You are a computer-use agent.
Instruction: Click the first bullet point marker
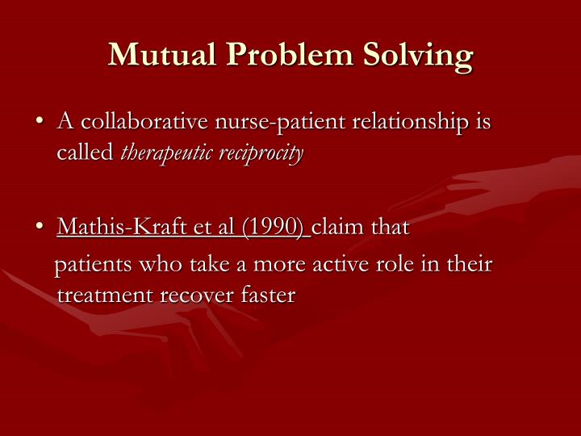40,123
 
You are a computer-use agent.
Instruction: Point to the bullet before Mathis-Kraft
40,228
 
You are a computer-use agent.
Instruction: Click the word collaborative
143,123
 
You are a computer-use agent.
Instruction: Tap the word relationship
414,123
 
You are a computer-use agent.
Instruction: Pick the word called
85,153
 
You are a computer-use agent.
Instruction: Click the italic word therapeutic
167,153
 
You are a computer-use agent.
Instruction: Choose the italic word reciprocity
262,153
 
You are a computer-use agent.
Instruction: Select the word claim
339,228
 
